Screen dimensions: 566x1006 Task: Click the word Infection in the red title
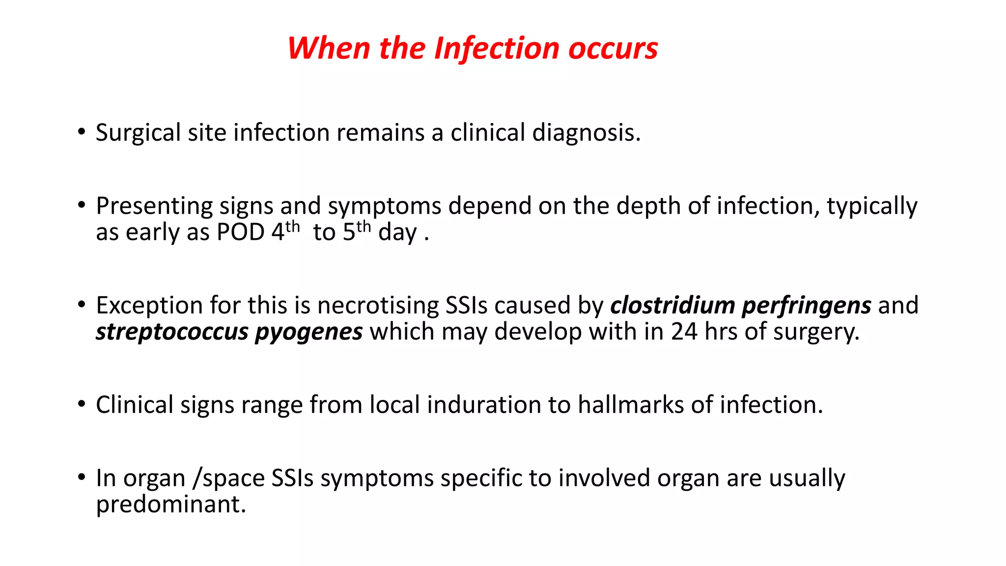click(497, 49)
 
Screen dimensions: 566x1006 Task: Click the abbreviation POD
click(241, 232)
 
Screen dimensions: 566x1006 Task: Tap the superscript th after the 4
click(292, 227)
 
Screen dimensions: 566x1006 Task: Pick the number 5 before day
click(349, 232)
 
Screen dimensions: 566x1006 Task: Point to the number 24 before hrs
click(684, 332)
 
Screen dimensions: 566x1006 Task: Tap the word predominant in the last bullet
click(170, 505)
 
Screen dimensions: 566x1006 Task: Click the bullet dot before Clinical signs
click(82, 404)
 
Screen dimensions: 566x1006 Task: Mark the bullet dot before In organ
click(82, 478)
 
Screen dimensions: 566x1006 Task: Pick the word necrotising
click(378, 306)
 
